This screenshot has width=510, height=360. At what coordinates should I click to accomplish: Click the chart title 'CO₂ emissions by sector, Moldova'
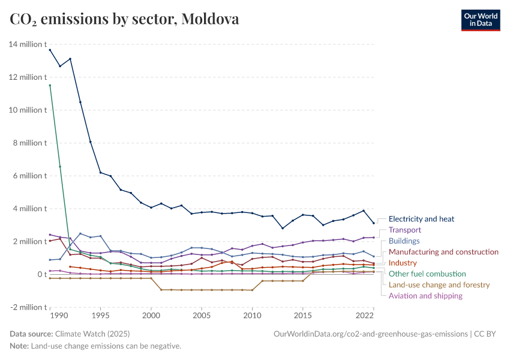pos(124,19)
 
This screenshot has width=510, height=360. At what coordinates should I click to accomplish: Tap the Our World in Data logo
pos(481,19)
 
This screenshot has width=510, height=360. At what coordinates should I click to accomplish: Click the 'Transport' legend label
pos(405,230)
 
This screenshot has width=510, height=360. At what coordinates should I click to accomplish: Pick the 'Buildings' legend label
pos(404,241)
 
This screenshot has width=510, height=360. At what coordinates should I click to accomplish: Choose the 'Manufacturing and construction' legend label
pos(443,252)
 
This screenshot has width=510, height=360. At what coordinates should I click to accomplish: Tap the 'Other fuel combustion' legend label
pos(427,274)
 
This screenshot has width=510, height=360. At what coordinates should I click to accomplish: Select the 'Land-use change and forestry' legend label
pos(439,284)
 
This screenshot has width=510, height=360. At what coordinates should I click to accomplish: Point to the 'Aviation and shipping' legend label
pos(425,296)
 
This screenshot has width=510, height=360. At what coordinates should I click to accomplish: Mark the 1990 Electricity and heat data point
pos(50,50)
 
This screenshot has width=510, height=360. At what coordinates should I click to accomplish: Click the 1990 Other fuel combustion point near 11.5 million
pos(50,85)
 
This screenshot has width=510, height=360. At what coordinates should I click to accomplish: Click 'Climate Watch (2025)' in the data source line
pos(92,334)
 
